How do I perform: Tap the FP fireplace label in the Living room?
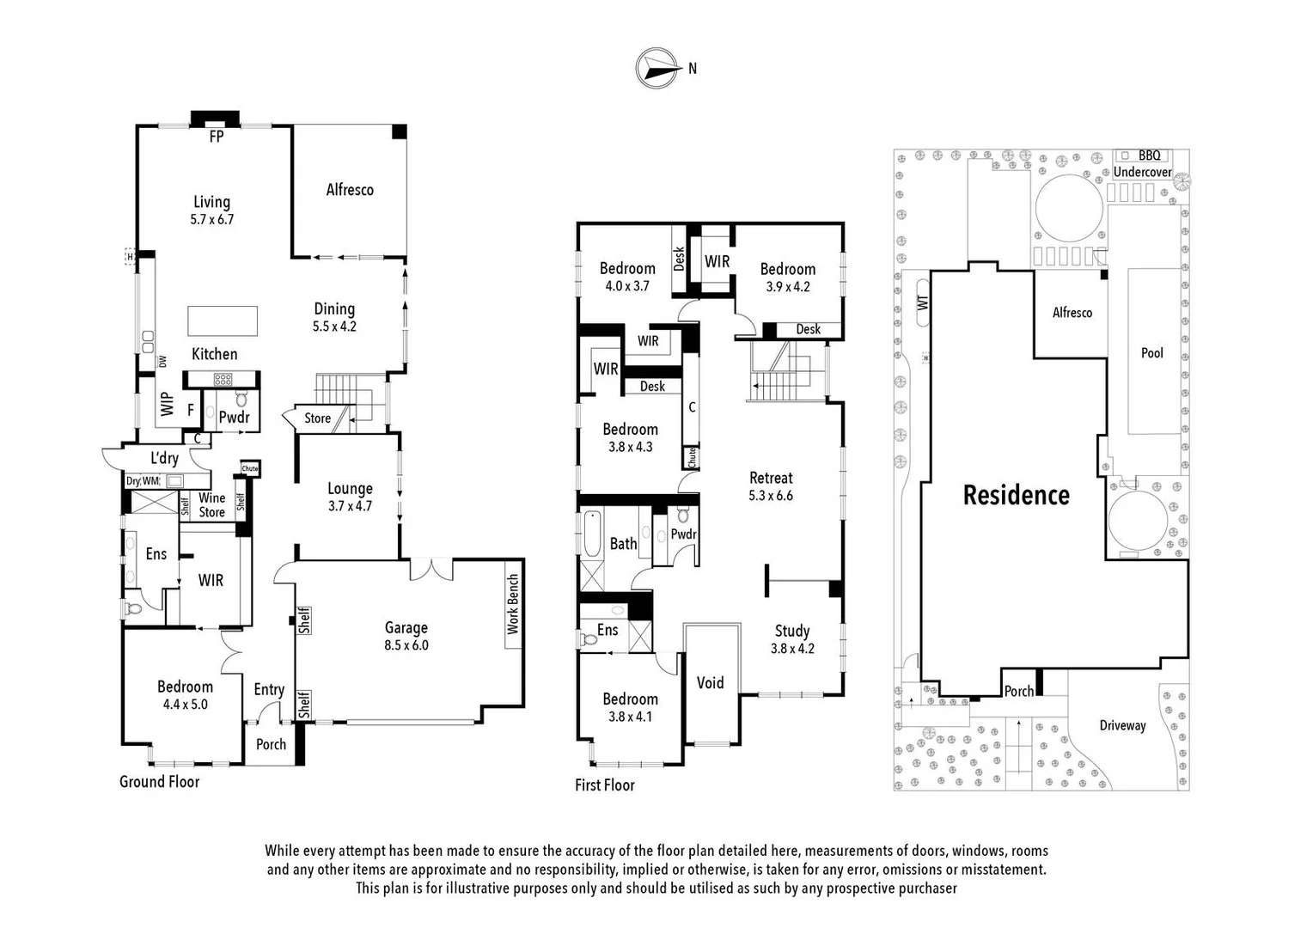[216, 136]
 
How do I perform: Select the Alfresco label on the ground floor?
[350, 190]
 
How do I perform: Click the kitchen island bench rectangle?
[223, 321]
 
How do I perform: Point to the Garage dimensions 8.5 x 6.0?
[406, 645]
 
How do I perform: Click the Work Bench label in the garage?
[513, 604]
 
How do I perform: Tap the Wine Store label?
[211, 504]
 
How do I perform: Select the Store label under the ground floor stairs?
[317, 418]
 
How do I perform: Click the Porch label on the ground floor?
[271, 744]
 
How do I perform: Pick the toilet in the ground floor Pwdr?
[241, 400]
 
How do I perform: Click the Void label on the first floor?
[710, 683]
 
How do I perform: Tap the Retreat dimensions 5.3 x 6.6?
[771, 496]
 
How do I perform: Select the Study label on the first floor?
[791, 631]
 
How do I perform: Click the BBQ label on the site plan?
[1149, 156]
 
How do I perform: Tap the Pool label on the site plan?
[1151, 353]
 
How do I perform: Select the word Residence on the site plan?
[1016, 495]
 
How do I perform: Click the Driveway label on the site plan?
[1122, 726]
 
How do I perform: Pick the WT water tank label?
[923, 302]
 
